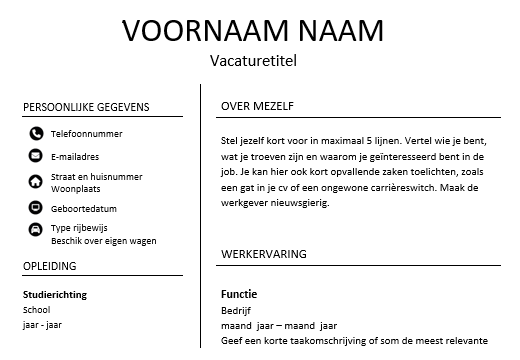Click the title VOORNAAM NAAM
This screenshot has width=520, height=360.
pos(253,31)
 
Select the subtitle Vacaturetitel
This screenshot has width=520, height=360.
pos(254,61)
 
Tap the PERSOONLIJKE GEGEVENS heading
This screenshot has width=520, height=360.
pos(85,107)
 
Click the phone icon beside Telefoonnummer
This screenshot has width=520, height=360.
pos(36,133)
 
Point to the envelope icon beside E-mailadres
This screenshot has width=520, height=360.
pos(36,157)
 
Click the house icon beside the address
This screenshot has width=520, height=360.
pos(36,181)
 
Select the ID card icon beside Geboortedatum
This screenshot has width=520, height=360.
pos(36,208)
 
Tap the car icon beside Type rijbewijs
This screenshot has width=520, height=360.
pos(36,231)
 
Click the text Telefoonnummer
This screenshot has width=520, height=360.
pos(87,133)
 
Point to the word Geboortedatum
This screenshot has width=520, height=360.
pos(83,208)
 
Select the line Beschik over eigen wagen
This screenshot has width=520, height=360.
pos(104,240)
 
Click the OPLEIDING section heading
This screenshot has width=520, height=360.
pos(51,265)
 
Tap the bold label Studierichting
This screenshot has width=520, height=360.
pos(54,295)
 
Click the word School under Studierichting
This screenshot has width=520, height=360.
pos(36,310)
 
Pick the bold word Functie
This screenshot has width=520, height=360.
pos(239,294)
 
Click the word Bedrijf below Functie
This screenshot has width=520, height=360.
pos(236,311)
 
